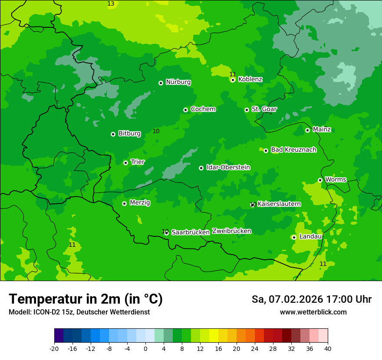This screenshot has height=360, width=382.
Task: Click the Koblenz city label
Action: point(250,79)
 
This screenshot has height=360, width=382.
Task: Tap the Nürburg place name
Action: point(178,82)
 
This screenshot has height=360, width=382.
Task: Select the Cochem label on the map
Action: point(203,109)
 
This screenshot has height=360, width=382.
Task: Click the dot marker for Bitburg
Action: point(113,134)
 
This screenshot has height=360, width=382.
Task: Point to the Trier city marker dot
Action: point(126,163)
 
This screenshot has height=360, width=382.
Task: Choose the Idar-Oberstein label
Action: point(228,167)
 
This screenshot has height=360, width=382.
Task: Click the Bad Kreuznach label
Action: point(293,150)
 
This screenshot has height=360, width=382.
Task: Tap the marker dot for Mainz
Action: point(308,130)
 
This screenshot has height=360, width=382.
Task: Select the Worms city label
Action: point(336,180)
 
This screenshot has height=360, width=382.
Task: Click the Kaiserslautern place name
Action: point(279,204)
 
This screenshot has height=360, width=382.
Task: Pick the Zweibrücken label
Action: point(231,231)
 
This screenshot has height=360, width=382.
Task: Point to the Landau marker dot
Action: point(294,237)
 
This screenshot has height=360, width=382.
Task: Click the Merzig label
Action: point(140,203)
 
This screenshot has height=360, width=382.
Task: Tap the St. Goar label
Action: point(264,109)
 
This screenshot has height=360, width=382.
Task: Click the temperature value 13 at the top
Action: point(111,4)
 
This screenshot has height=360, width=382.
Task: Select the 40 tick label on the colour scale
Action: point(327,348)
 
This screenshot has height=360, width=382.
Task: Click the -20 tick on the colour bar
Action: point(54,348)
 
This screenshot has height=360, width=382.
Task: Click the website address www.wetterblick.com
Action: point(313,312)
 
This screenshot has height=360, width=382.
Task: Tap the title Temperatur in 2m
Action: point(86,299)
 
